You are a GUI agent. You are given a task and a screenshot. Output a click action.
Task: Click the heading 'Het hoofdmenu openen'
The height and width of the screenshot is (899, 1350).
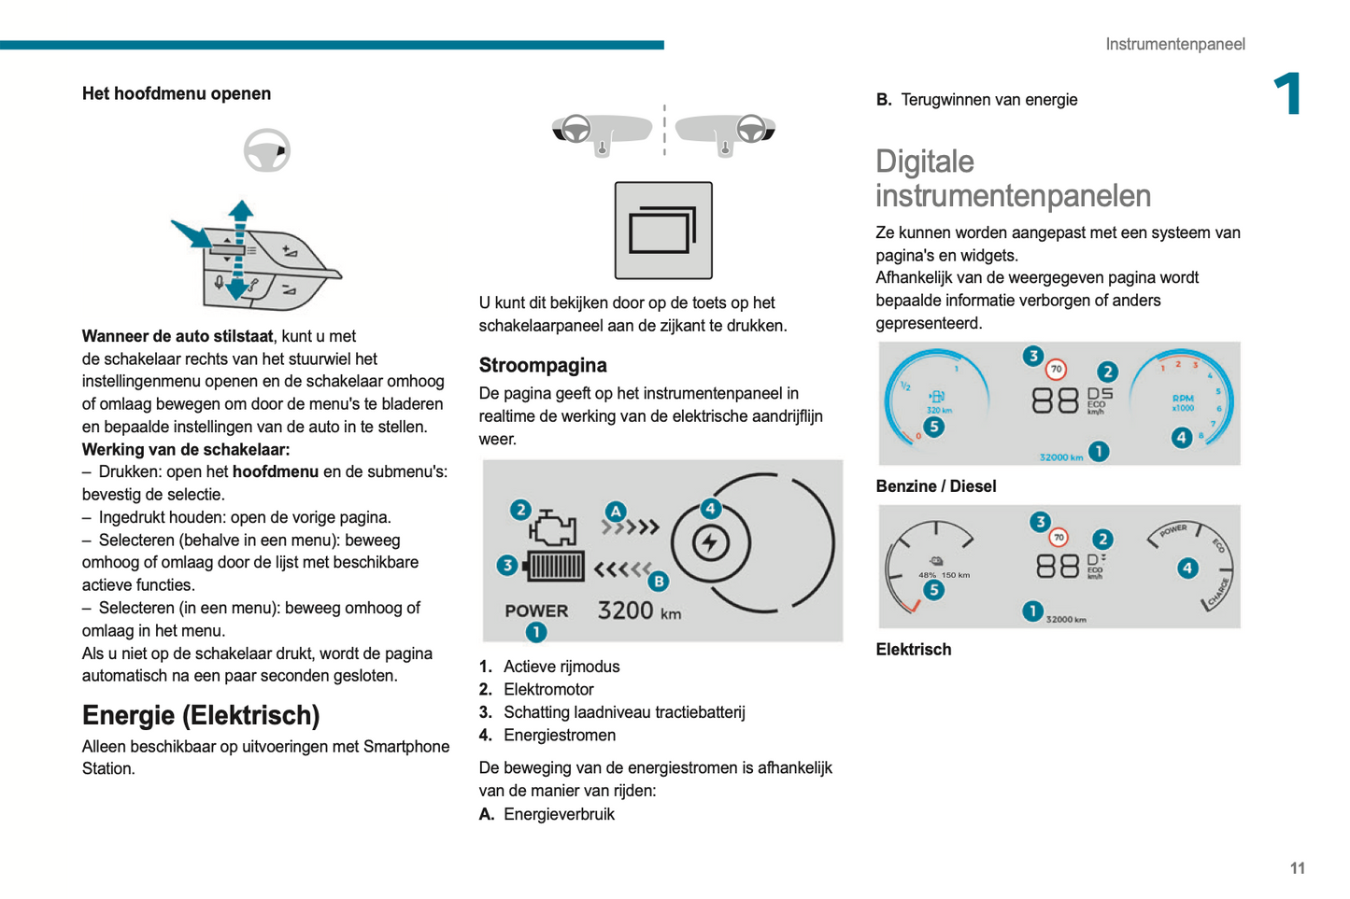click(x=176, y=93)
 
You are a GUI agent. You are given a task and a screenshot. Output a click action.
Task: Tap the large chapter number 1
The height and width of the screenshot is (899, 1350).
click(x=1288, y=93)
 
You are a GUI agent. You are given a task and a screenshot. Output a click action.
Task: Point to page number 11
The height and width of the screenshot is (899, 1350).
click(x=1297, y=867)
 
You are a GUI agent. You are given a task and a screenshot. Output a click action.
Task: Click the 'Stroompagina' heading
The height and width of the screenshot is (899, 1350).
click(x=543, y=365)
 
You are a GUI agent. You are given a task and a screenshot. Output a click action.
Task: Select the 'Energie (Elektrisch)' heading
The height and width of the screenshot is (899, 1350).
click(x=201, y=715)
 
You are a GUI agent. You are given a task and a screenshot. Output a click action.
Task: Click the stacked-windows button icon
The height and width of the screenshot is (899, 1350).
click(x=663, y=231)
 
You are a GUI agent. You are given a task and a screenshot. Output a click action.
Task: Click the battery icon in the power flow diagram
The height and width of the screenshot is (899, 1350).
click(x=553, y=567)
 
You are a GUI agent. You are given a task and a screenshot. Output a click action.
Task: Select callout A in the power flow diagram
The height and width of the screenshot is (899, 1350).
click(x=616, y=512)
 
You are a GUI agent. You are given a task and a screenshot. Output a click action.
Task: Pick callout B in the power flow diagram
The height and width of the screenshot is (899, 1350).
click(x=659, y=581)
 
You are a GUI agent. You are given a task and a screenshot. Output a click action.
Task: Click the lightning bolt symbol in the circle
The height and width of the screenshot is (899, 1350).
click(x=710, y=542)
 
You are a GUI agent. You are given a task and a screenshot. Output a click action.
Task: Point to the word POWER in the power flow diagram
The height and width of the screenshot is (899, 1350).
click(x=536, y=611)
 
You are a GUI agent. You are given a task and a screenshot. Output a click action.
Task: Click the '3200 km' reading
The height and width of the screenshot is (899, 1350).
click(x=639, y=611)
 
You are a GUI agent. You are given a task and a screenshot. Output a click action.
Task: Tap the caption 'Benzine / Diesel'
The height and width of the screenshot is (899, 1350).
click(x=935, y=486)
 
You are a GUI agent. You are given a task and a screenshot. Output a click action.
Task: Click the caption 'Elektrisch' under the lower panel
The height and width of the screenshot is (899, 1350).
click(x=913, y=649)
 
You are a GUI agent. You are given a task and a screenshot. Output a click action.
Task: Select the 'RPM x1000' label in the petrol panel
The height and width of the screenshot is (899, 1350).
click(x=1183, y=403)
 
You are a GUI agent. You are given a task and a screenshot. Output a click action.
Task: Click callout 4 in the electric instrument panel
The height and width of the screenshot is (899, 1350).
click(x=1187, y=568)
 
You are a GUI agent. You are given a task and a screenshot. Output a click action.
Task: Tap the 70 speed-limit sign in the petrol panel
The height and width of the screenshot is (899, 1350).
click(x=1056, y=369)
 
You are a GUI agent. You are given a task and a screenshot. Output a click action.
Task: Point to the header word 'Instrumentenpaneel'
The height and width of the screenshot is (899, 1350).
click(x=1174, y=44)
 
